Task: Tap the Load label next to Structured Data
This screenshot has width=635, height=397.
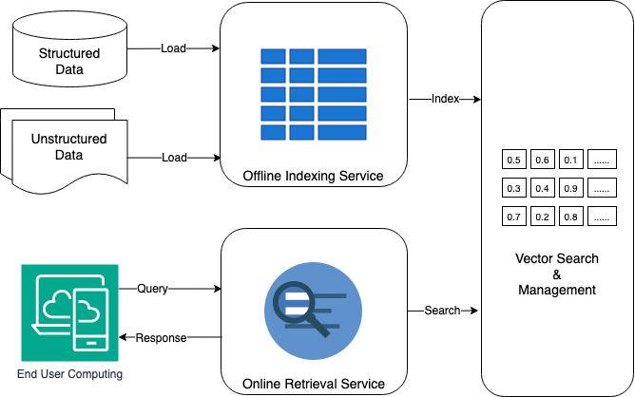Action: pos(174,48)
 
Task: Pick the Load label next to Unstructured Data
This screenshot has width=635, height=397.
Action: pos(174,158)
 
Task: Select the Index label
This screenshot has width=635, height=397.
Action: pos(445,99)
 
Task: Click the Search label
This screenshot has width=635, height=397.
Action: pos(442,311)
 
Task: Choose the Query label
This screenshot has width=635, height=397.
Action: pos(152,288)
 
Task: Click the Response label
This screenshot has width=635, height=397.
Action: pos(161,338)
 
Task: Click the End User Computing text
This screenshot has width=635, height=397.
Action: pos(69,374)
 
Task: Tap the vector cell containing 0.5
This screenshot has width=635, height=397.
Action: pos(514,160)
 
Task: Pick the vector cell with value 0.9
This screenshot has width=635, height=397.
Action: pos(570,189)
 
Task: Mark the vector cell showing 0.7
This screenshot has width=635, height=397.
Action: pos(514,217)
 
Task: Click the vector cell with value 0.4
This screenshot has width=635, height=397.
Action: pos(542,189)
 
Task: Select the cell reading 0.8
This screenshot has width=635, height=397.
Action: pos(570,217)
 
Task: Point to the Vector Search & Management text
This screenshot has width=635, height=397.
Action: pos(557,274)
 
